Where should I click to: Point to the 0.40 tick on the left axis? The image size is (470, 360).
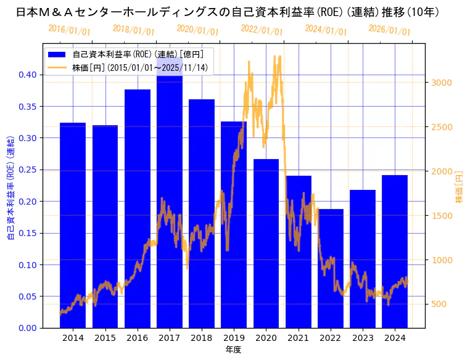click(27, 75)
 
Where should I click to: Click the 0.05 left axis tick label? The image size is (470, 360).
click(27, 297)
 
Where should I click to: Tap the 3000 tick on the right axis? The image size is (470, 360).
click(443, 83)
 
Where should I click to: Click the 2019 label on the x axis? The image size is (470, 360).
click(234, 338)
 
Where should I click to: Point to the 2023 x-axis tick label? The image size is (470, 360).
click(363, 338)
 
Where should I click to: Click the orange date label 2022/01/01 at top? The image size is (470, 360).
click(262, 30)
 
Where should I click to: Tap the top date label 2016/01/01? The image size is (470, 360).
click(69, 30)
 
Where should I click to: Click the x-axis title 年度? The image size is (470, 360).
click(233, 350)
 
